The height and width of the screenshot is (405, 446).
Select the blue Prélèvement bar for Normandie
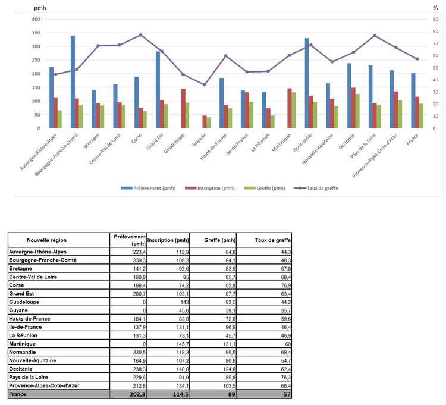point(307,83)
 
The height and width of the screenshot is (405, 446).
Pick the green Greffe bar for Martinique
point(294,110)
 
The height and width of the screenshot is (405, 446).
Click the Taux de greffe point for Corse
point(141,35)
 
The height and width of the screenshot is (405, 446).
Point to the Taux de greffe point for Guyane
point(205,85)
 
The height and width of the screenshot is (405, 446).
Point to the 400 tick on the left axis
point(36,19)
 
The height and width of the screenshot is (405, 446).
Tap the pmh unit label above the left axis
point(40,8)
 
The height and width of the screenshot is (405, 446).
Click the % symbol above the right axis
point(435,8)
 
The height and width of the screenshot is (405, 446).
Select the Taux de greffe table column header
point(263,240)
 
